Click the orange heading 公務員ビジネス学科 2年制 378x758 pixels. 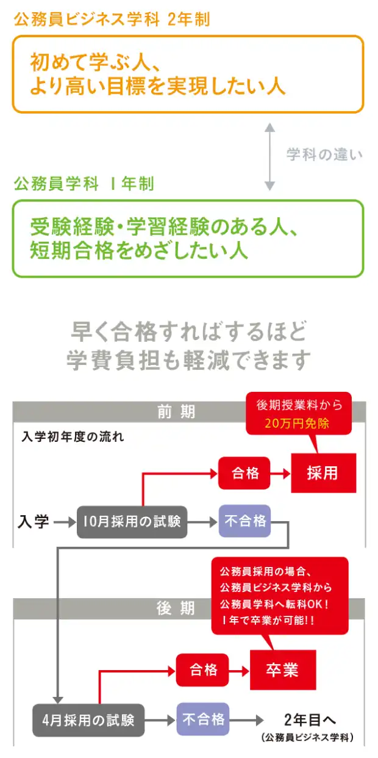click(x=112, y=20)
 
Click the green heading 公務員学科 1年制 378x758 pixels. click(x=84, y=184)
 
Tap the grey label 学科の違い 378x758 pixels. click(x=324, y=154)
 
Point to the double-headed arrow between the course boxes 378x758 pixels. click(x=269, y=156)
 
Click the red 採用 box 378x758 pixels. click(x=323, y=472)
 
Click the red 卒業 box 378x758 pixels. click(x=282, y=670)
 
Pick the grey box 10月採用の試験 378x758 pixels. click(x=132, y=522)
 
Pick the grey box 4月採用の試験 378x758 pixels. click(x=88, y=720)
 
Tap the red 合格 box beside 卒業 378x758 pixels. click(x=203, y=670)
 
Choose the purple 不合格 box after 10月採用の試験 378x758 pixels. click(x=245, y=521)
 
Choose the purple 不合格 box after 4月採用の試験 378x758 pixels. click(x=203, y=719)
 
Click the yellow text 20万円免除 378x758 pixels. click(x=297, y=423)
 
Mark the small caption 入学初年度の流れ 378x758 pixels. click(x=73, y=437)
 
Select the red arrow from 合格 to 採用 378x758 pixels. click(x=281, y=473)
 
